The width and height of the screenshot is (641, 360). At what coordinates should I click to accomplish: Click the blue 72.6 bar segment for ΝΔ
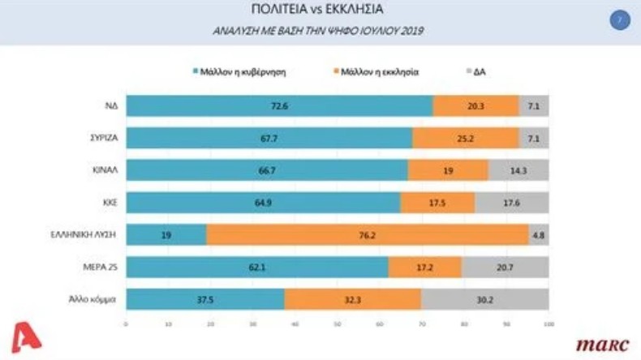click(x=279, y=106)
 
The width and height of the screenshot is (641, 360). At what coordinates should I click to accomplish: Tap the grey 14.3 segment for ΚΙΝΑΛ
click(x=518, y=170)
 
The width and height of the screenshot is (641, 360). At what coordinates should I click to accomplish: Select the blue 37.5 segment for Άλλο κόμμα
click(x=205, y=298)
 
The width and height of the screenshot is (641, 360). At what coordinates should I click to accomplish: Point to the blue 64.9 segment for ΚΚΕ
click(x=264, y=202)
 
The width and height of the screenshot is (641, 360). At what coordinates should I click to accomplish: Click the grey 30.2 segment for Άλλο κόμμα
click(x=484, y=298)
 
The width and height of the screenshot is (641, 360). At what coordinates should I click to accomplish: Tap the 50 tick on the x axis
click(x=337, y=325)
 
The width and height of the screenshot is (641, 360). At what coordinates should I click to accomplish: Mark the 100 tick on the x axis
click(x=549, y=325)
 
